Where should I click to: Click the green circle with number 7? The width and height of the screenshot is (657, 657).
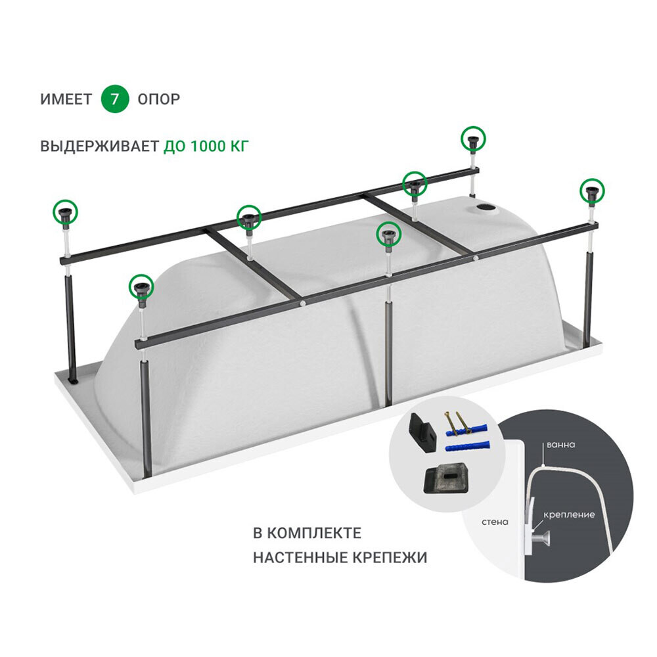[114, 99]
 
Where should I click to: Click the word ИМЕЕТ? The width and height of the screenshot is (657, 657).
[66, 99]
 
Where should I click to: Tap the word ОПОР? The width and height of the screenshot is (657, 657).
[159, 99]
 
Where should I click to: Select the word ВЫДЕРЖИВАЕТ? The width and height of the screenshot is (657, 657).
[99, 147]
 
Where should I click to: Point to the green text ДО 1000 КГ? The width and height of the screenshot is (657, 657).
[206, 147]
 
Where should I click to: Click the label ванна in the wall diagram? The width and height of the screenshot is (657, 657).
[560, 445]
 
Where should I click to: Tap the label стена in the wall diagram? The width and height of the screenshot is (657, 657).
[495, 522]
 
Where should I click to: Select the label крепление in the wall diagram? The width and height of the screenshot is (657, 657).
[569, 514]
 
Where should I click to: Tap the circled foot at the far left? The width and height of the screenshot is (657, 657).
[66, 212]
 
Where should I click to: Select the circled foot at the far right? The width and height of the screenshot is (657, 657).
[592, 191]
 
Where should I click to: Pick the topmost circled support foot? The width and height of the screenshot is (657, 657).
[474, 139]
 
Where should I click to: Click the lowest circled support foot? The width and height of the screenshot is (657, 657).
[141, 286]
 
